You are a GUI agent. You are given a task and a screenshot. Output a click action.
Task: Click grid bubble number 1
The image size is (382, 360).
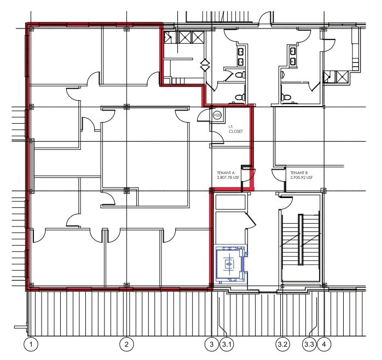click(32, 344)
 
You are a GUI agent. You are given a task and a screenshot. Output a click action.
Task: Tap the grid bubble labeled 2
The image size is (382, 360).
click(126, 344)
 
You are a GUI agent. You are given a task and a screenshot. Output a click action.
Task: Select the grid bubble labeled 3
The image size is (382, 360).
click(212, 344)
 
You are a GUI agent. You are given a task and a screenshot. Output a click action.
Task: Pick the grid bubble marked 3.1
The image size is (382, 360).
click(227, 344)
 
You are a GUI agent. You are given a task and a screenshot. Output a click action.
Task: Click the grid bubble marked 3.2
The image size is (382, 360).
click(282, 344)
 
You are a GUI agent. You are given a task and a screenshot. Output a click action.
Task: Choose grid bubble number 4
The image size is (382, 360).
click(325, 344)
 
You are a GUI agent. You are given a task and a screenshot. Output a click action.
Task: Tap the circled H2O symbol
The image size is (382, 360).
click(217, 115)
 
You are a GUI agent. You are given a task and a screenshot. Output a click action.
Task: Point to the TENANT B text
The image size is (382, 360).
click(300, 172)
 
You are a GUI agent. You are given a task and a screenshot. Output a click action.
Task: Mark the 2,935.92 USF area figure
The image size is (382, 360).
click(302, 177)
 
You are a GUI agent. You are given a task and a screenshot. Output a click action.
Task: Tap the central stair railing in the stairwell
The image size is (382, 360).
click(300, 240)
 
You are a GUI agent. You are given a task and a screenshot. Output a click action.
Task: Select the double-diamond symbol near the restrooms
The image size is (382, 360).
click(205, 65)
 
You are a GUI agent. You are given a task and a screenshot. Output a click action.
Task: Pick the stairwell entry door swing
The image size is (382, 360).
click(286, 200)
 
